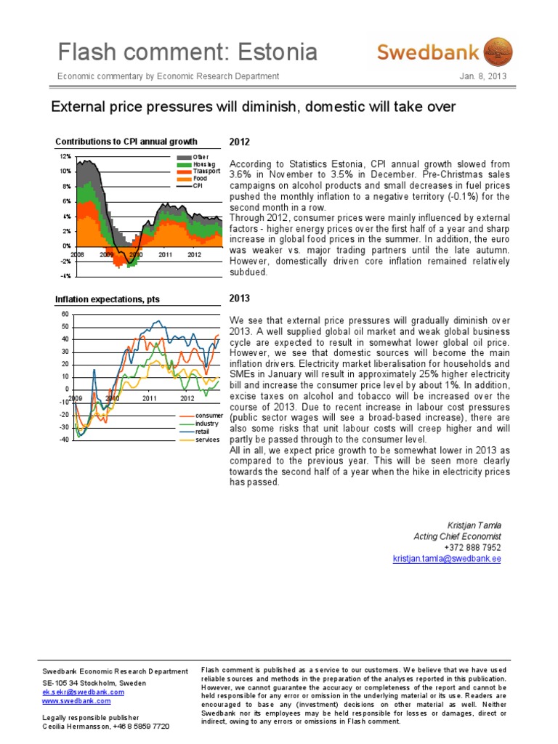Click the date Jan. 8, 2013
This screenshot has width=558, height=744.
483,76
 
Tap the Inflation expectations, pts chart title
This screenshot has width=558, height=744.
108,299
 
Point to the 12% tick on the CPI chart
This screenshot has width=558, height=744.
65,156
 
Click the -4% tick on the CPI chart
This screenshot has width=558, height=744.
65,276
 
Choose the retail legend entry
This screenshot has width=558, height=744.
202,432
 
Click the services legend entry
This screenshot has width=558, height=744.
206,440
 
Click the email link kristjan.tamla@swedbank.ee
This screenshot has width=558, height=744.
447,559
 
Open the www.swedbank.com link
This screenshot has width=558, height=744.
76,701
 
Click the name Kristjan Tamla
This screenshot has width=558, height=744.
474,525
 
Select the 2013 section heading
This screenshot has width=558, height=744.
239,298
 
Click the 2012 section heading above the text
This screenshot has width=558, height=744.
239,141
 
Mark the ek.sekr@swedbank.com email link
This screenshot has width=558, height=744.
84,692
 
